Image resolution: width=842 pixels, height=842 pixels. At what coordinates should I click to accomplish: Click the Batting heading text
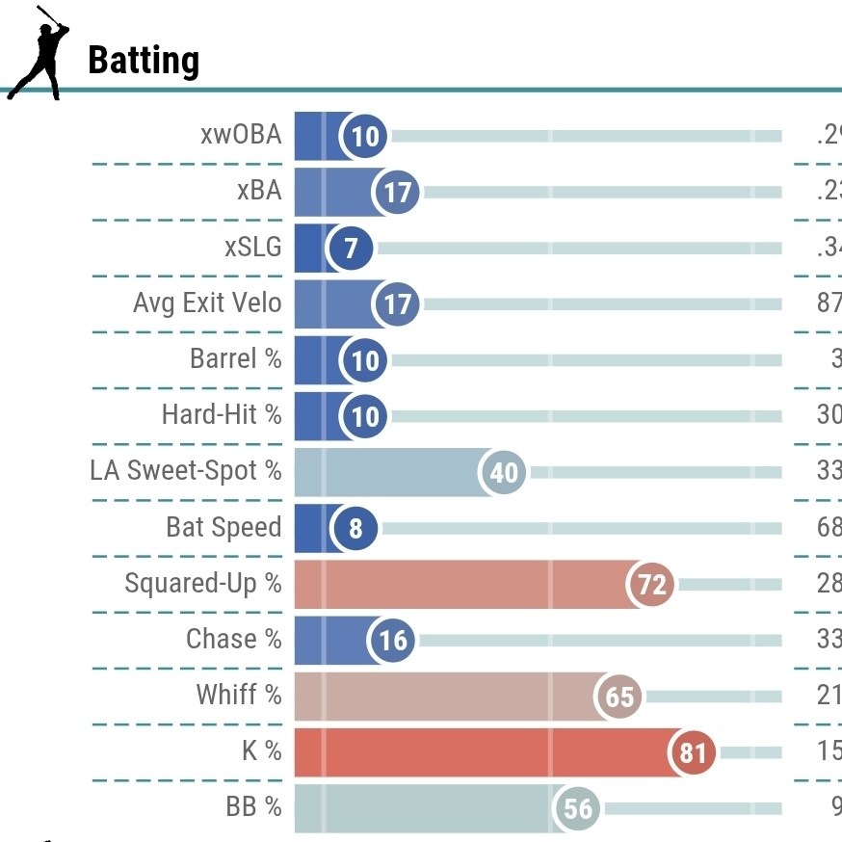pos(144,61)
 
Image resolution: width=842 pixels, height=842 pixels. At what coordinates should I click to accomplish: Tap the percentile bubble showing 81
pos(693,751)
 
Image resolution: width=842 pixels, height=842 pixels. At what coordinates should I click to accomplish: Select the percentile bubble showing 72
pos(652,584)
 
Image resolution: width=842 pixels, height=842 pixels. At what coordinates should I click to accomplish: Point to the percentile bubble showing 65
pos(619,696)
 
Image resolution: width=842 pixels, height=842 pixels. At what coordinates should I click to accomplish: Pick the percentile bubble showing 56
pos(577,807)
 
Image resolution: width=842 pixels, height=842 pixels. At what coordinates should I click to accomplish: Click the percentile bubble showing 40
pos(504,472)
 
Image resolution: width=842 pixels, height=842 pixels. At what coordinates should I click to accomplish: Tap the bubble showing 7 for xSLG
pos(351,249)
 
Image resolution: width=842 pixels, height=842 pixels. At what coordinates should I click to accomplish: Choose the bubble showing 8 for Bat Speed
pos(355,528)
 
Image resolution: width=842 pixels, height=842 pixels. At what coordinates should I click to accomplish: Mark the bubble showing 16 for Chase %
pos(392,640)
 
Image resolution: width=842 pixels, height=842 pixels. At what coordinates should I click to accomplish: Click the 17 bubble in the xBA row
pos(397,193)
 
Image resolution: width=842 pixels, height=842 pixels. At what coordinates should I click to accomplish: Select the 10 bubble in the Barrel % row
pos(365,360)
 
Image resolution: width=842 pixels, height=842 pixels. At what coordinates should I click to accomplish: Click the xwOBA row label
pos(241,135)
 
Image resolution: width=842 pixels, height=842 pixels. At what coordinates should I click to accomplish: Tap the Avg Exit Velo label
pos(207,303)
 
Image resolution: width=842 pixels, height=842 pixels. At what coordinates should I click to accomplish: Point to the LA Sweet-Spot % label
pos(186,471)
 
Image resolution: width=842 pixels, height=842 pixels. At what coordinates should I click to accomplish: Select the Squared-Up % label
pos(203,583)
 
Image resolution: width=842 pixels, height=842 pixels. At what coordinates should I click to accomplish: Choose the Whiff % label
pos(239,695)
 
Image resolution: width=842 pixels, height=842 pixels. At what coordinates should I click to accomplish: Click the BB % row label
pos(254,806)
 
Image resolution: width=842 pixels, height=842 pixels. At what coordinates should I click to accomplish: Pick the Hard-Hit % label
pos(222,415)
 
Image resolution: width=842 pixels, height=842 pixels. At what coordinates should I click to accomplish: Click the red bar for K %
pos(482,751)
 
